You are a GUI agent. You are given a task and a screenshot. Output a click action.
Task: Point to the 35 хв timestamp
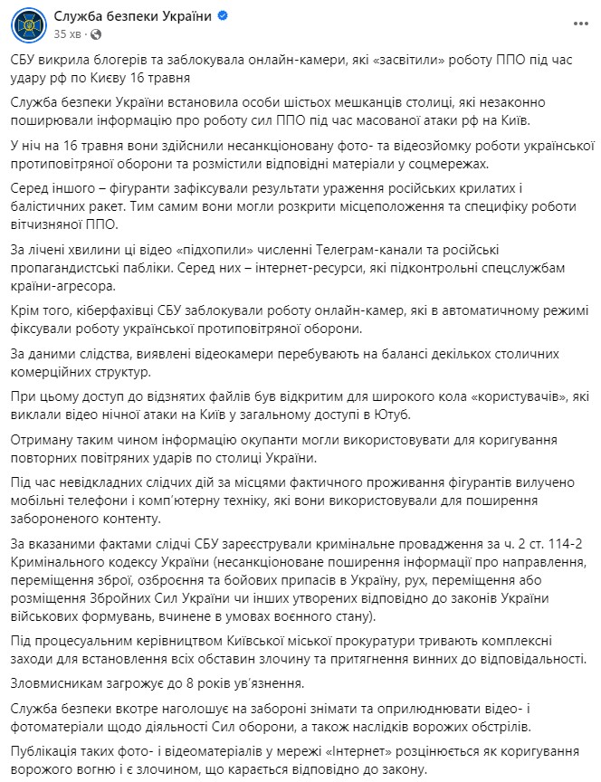(x=66, y=33)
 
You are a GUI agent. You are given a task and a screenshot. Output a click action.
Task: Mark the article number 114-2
(x=513, y=542)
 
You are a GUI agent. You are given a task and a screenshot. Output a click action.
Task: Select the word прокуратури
(x=355, y=641)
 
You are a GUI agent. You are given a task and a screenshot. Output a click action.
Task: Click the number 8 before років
(x=167, y=682)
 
